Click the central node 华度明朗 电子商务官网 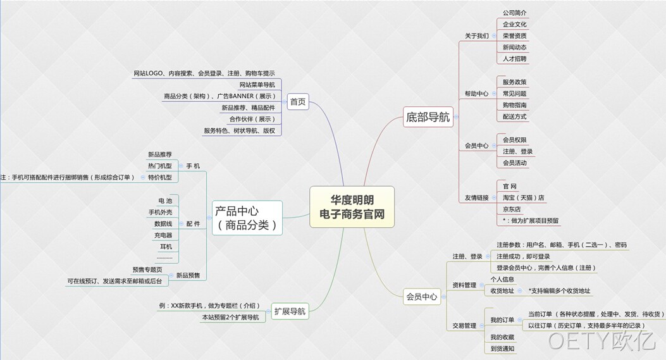352,207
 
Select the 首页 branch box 298,102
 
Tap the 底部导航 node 428,117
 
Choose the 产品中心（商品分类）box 247,218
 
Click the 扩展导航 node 290,311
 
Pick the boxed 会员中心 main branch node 422,297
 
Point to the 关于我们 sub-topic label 476,36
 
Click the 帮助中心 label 476,94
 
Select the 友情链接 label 476,197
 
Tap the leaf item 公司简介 514,13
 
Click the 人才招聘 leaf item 514,59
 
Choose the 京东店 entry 512,209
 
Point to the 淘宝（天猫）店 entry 523,197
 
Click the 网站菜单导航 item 257,85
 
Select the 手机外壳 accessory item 160,212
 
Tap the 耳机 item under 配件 166,247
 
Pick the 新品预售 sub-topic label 188,275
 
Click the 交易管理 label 464,326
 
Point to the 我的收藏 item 502,337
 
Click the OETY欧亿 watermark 601,341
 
